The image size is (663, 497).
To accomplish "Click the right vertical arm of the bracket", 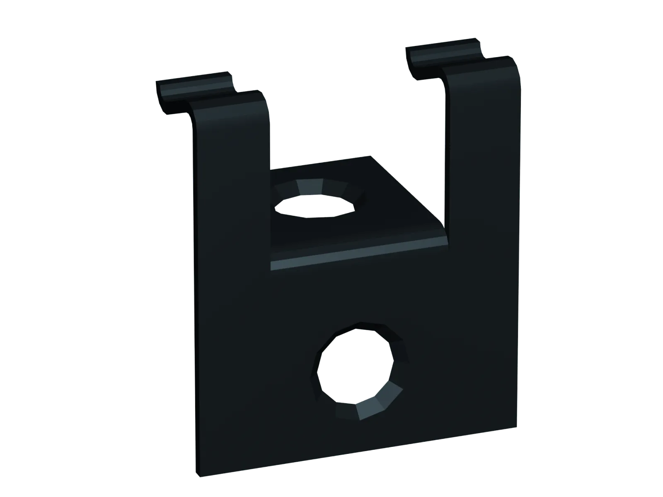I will click(x=483, y=145).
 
